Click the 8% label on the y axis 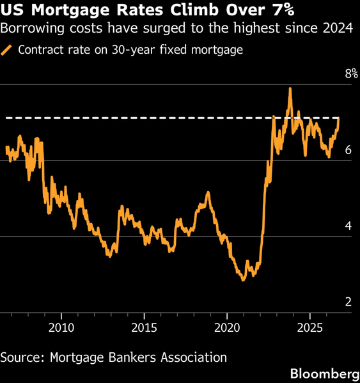tap(352, 74)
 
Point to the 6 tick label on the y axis tap(348, 150)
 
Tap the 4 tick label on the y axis tap(348, 226)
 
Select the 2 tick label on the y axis tap(348, 302)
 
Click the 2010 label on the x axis tap(61, 328)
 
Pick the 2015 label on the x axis tap(144, 328)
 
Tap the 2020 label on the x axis tap(227, 328)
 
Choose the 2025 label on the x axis tap(310, 328)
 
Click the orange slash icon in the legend tap(6, 50)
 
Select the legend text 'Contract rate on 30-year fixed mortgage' tap(130, 50)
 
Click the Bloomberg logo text tap(325, 373)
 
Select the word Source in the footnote tap(22, 357)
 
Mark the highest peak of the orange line tap(290, 88)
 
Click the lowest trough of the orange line tap(243, 281)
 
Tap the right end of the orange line tap(339, 118)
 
